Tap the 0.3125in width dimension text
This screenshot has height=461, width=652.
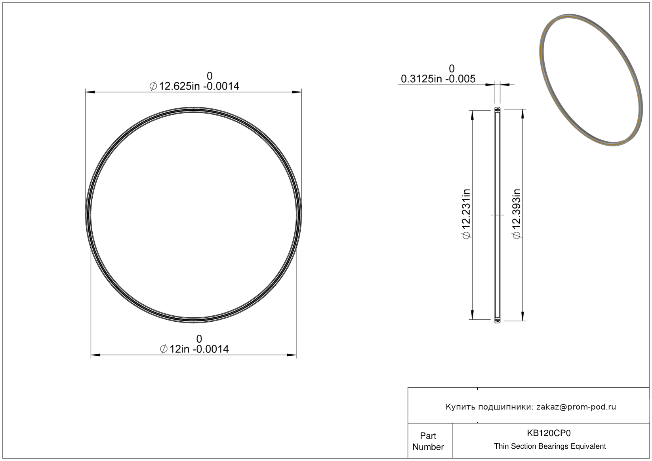click(438, 79)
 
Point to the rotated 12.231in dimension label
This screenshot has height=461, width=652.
click(466, 214)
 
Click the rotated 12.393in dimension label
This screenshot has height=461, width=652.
click(517, 214)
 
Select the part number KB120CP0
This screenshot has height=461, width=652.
click(549, 433)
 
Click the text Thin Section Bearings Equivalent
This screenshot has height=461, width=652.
click(550, 446)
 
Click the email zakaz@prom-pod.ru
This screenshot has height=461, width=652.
click(576, 407)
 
